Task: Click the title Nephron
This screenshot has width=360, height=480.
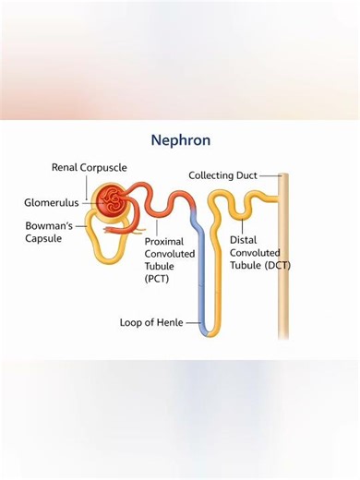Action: [x=181, y=140]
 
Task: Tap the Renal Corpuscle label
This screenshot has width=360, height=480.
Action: [x=89, y=168]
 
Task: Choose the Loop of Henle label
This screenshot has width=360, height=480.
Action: [x=151, y=323]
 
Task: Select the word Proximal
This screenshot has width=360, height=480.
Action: [x=164, y=241]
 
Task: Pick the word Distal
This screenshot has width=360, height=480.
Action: [x=243, y=239]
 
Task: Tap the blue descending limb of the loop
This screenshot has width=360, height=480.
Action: [x=199, y=268]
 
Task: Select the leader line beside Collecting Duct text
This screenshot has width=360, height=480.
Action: [x=269, y=175]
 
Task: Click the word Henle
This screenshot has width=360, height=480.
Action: [x=168, y=323]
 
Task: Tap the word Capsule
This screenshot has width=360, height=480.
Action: [x=42, y=239]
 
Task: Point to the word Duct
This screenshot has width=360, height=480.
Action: [x=245, y=175]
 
